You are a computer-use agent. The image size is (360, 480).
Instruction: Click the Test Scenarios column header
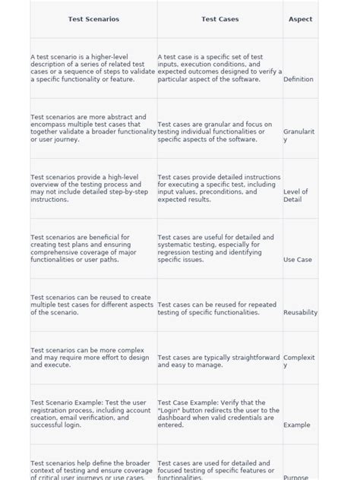pyautogui.click(x=93, y=19)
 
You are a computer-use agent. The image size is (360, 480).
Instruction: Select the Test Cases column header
pyautogui.click(x=219, y=19)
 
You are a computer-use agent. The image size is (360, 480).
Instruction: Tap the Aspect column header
pyautogui.click(x=300, y=19)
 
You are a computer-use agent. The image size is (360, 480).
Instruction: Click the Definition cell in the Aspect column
pyautogui.click(x=298, y=79)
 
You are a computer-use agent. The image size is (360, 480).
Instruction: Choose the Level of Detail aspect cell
pyautogui.click(x=295, y=195)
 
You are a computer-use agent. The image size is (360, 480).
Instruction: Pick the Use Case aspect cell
pyautogui.click(x=297, y=259)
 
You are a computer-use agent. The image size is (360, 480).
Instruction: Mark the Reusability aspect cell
pyautogui.click(x=300, y=312)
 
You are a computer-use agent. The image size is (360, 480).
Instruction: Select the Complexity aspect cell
pyautogui.click(x=298, y=361)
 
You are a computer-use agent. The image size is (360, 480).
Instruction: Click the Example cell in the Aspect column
pyautogui.click(x=296, y=425)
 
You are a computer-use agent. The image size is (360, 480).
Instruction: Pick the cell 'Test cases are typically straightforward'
pyautogui.click(x=219, y=361)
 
